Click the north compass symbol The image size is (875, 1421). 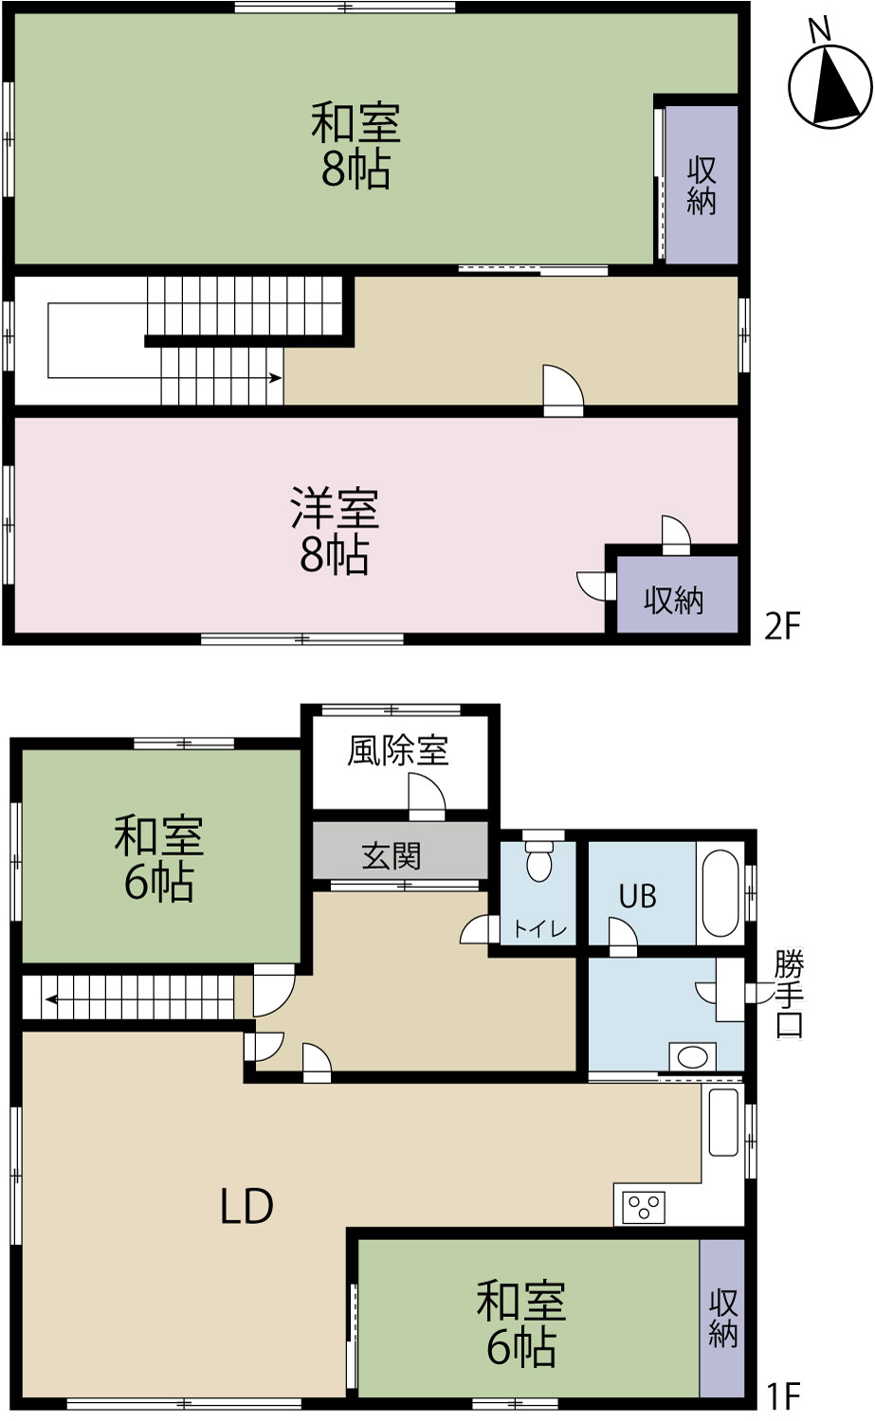830,87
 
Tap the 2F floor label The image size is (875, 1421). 783,626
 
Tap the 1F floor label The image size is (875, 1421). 783,1395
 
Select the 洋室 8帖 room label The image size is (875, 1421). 335,531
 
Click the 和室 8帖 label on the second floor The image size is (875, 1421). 355,146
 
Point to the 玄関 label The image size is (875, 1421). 392,856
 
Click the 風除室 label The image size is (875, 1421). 398,751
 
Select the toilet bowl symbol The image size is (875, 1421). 539,860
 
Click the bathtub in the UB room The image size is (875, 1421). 720,893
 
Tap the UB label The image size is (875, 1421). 637,896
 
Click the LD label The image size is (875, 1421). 247,1206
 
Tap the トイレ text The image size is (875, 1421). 539,930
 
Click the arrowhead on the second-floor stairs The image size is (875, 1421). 276,378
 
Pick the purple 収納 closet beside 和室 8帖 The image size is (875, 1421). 701,184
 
